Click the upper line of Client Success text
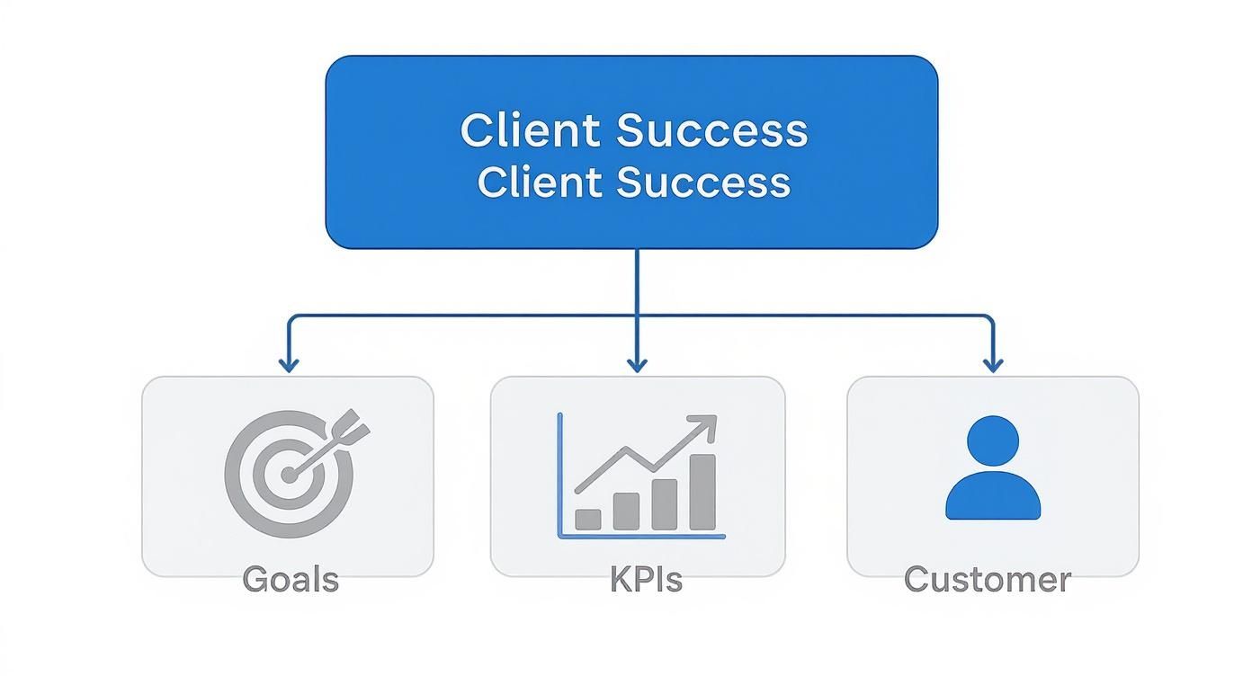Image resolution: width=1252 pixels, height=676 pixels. tap(634, 131)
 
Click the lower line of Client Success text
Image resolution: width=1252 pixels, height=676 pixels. tap(634, 182)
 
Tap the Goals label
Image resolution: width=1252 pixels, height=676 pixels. tap(291, 580)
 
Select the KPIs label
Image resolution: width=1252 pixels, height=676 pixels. tap(646, 580)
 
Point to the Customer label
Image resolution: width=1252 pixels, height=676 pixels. tap(987, 580)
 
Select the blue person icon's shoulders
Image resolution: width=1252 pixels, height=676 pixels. tap(993, 497)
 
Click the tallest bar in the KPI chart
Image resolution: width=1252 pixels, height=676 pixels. tap(702, 492)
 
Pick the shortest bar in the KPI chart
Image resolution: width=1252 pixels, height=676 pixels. tap(587, 519)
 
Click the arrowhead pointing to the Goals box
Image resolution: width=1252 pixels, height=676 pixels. tap(288, 364)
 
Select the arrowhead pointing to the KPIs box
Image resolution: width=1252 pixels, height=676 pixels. tap(637, 364)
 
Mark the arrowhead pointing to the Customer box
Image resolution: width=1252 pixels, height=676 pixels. tap(993, 364)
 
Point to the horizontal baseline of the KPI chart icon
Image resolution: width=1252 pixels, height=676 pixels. tap(641, 537)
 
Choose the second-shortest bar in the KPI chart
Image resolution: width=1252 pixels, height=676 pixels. tap(626, 511)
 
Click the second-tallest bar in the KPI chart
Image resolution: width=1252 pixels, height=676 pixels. tap(664, 504)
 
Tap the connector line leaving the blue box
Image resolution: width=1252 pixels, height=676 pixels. tap(637, 280)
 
